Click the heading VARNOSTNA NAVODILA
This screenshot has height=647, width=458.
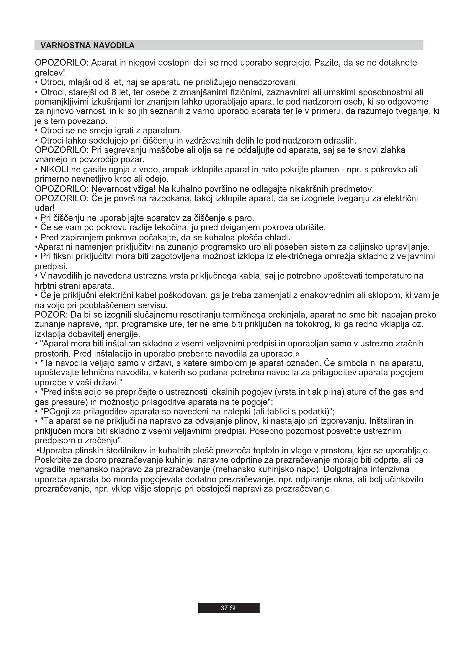[x=88, y=45]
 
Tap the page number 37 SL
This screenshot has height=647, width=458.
[x=229, y=608]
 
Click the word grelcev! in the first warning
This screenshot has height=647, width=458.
[x=50, y=73]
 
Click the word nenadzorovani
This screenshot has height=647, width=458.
[x=268, y=82]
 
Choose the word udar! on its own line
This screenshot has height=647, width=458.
[x=44, y=208]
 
